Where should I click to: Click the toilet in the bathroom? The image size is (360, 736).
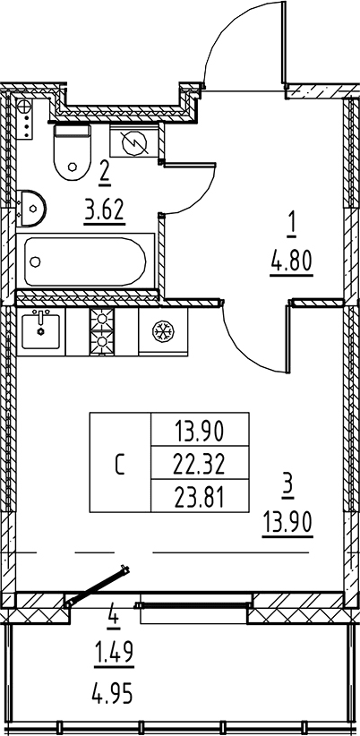[x=73, y=151]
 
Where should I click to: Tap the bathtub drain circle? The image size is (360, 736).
[x=35, y=261]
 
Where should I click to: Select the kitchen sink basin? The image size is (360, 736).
[x=40, y=331]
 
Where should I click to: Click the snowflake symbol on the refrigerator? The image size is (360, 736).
[x=163, y=331]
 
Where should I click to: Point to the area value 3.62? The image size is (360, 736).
[x=105, y=210]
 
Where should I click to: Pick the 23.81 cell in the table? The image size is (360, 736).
[x=200, y=496]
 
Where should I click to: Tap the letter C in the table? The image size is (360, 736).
[x=120, y=463]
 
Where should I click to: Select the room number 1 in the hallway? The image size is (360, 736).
[x=291, y=227]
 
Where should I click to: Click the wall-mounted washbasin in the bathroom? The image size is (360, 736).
[x=31, y=208]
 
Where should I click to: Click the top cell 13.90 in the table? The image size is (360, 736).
[x=200, y=430]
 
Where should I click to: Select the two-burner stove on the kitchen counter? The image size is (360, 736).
[x=102, y=331]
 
